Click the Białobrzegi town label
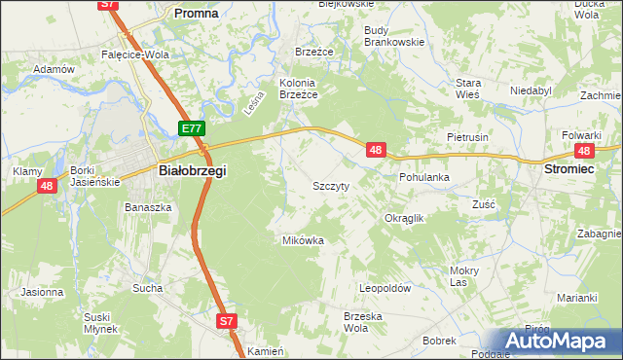point(192,170)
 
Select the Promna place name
point(195,14)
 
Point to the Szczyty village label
point(331,185)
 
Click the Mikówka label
point(303,239)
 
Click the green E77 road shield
point(192,128)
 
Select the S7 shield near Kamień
point(226,320)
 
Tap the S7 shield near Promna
point(109,5)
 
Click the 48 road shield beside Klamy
point(46,185)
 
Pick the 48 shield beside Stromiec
point(584,151)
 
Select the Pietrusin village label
point(466,138)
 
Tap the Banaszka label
point(148,207)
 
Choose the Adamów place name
point(55,70)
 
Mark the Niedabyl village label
point(531,90)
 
